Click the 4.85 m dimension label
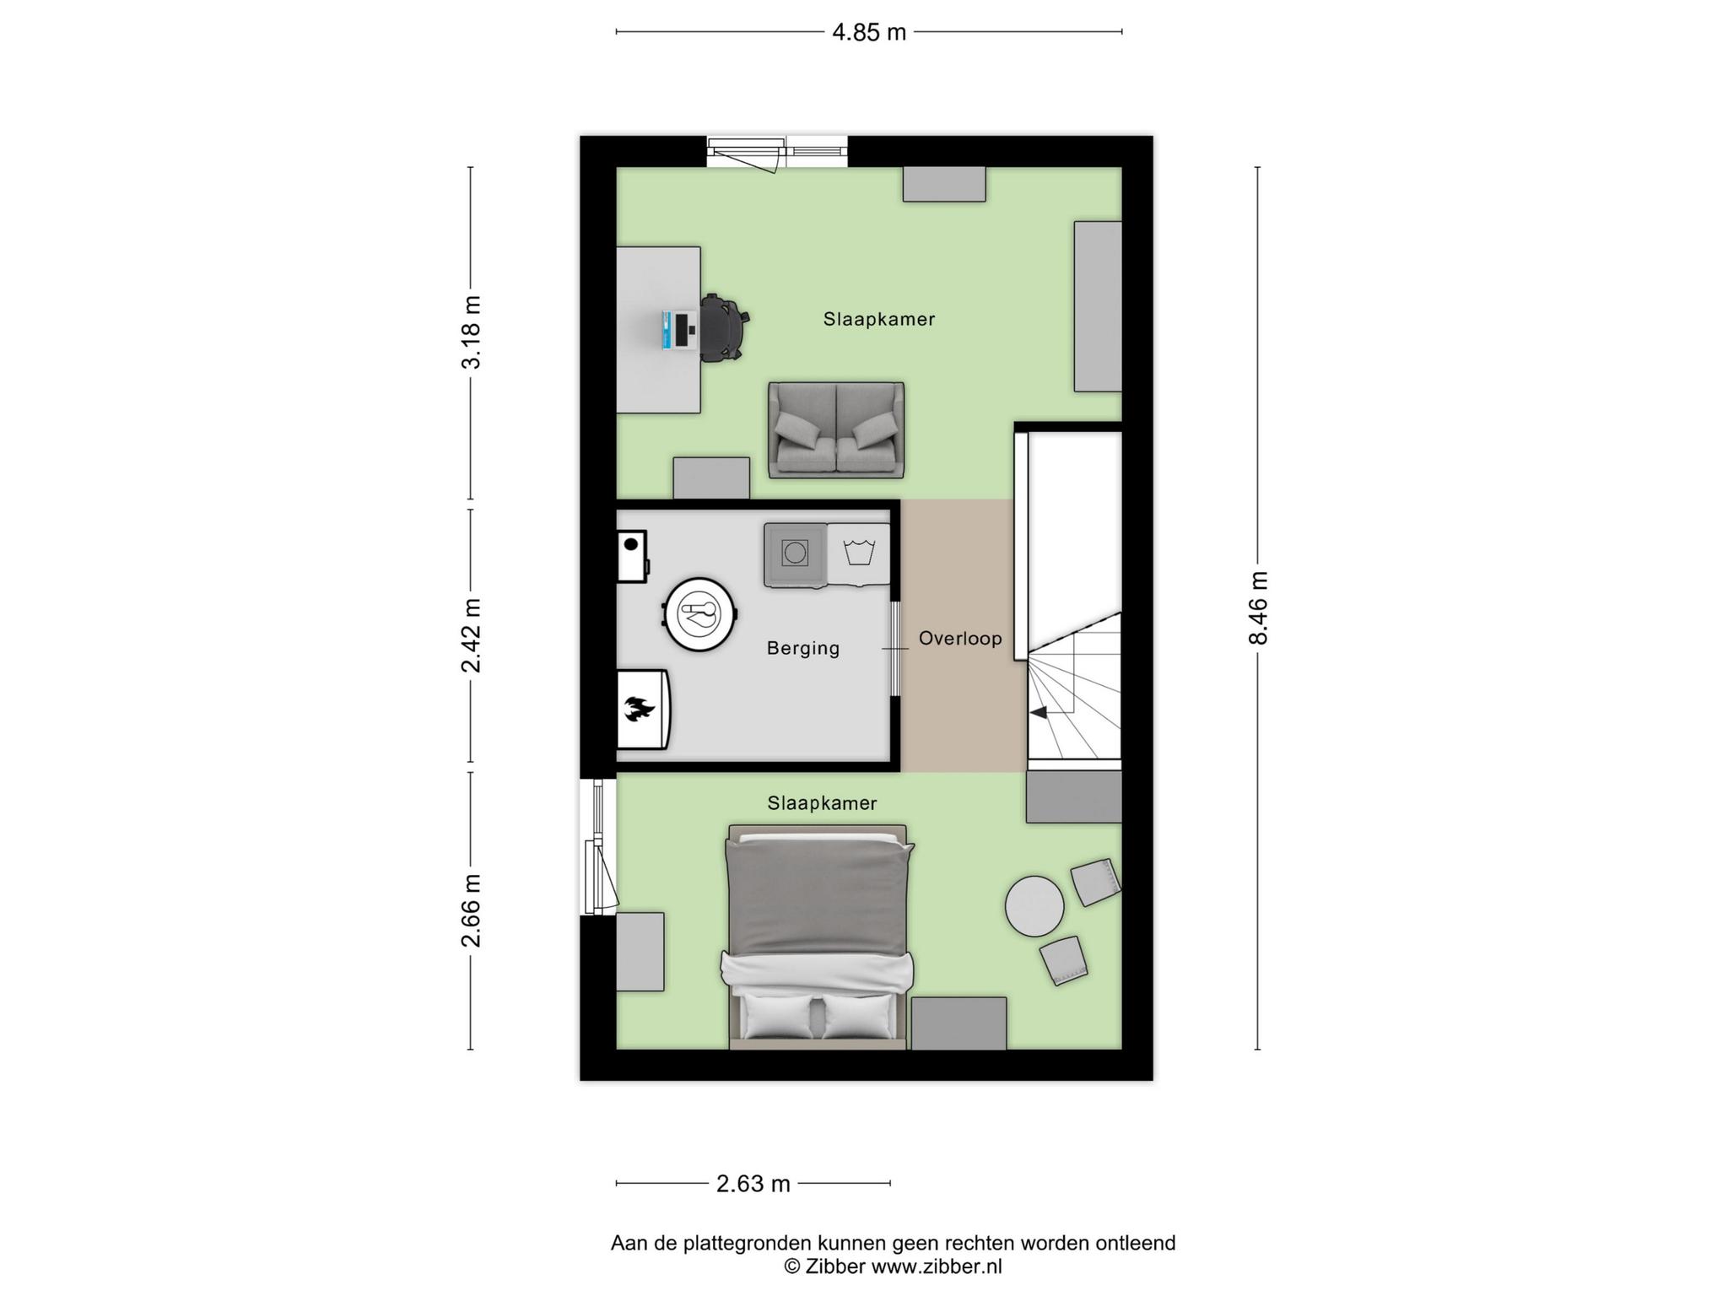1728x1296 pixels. click(869, 33)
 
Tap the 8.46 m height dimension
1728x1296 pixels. click(1258, 607)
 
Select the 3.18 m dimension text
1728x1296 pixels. click(471, 332)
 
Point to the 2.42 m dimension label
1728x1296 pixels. click(471, 635)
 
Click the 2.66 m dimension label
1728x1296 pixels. click(471, 910)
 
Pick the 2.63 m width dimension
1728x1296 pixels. click(753, 1184)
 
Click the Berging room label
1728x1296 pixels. click(803, 648)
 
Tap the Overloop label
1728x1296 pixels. click(960, 638)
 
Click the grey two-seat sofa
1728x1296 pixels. click(836, 430)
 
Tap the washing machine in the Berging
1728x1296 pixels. click(795, 554)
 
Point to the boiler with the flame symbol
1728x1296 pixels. click(643, 710)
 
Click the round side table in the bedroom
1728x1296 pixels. click(1034, 905)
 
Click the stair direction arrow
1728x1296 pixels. click(1039, 713)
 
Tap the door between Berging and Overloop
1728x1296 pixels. click(895, 649)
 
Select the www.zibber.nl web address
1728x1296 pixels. click(937, 1266)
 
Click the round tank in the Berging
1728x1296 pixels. click(701, 614)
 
